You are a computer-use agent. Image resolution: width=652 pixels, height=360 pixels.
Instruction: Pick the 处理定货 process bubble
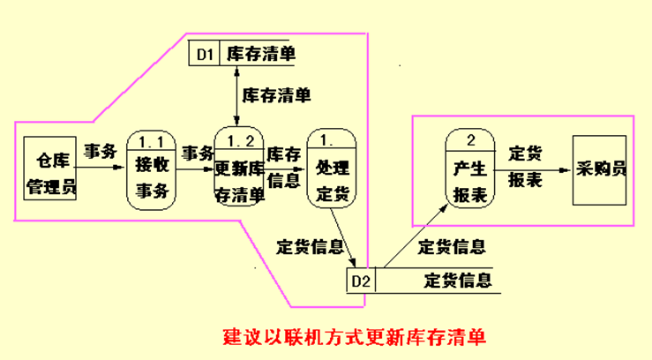(x=331, y=170)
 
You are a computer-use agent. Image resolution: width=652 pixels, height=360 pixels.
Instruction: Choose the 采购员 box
(x=600, y=170)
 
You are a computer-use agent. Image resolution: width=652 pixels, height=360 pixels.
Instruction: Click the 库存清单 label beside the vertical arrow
(x=276, y=93)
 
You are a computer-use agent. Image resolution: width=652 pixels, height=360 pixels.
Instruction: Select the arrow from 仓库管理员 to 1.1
(x=101, y=171)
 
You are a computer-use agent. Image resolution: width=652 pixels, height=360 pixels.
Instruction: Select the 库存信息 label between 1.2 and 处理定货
(x=284, y=167)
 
